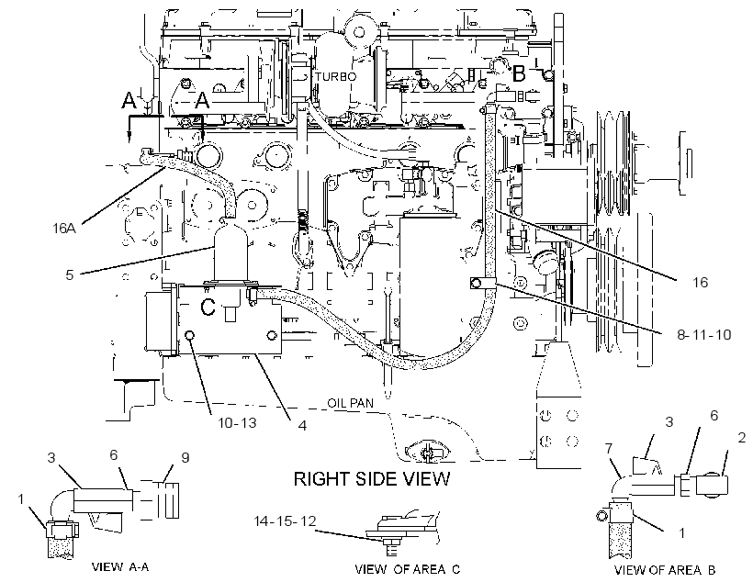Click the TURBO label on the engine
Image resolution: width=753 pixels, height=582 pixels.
pos(336,76)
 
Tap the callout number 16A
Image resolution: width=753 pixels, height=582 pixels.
pos(64,228)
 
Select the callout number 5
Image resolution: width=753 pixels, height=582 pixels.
pos(70,274)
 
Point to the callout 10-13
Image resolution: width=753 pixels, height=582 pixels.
pos(237,422)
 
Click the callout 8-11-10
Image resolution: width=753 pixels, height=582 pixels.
pos(704,334)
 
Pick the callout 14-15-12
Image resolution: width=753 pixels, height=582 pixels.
pos(285,520)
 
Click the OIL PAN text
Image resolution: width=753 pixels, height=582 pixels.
pos(350,402)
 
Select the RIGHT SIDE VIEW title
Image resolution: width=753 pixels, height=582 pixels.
pos(372,479)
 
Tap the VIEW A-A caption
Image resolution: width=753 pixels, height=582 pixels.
pos(120,566)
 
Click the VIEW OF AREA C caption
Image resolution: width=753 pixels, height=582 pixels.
pos(407,569)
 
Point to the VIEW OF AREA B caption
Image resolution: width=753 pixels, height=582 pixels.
pos(665,570)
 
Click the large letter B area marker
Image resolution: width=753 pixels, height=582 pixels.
pos(519,74)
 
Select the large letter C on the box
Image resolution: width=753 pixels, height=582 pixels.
pos(208,308)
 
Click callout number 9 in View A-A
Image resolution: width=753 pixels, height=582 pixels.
pos(185,458)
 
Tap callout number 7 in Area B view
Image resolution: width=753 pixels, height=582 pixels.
pos(609,449)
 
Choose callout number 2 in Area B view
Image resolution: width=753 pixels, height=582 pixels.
pos(741,438)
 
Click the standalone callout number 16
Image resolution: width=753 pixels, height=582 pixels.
pos(700,282)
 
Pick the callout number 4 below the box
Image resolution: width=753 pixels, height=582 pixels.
pos(302,425)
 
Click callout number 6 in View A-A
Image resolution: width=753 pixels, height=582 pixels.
pos(113,454)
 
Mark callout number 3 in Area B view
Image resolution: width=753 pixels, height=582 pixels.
pos(669,421)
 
